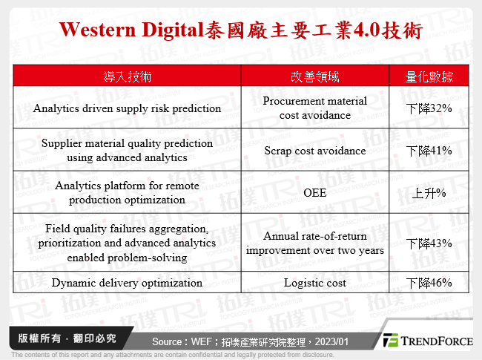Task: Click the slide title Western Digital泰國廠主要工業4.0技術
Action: pyautogui.click(x=241, y=30)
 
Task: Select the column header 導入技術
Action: pyautogui.click(x=128, y=76)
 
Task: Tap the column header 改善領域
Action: pyautogui.click(x=314, y=76)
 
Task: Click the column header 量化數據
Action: pyautogui.click(x=429, y=76)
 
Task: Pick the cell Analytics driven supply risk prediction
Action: pyautogui.click(x=128, y=108)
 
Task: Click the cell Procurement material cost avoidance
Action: pyautogui.click(x=314, y=108)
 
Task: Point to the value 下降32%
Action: pyautogui.click(x=429, y=108)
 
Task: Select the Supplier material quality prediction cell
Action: pyautogui.click(x=128, y=151)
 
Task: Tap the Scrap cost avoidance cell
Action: pyautogui.click(x=314, y=151)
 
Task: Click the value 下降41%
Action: pyautogui.click(x=429, y=151)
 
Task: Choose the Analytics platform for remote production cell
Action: pyautogui.click(x=128, y=193)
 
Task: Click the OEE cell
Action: pyautogui.click(x=314, y=193)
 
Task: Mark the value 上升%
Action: pyautogui.click(x=429, y=194)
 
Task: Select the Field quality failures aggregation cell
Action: pyautogui.click(x=128, y=243)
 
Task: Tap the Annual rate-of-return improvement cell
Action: pyautogui.click(x=314, y=243)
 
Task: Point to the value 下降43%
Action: pyautogui.click(x=429, y=243)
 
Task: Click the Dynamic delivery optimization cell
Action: pyautogui.click(x=128, y=283)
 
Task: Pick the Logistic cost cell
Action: pyautogui.click(x=314, y=283)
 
